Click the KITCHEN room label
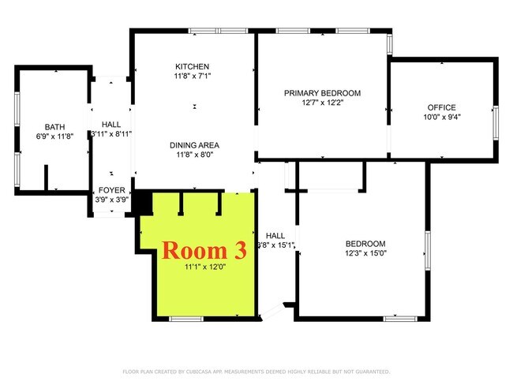193,65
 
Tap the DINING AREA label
193,145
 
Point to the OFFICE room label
442,107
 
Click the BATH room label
54,126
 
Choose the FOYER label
110,190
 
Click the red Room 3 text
204,250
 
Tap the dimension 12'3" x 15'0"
365,253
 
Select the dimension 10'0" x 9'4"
442,117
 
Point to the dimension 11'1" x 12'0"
204,267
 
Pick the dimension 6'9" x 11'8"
54,136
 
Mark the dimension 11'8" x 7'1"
193,76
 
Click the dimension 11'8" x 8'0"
193,155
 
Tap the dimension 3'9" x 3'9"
110,200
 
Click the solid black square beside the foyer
142,203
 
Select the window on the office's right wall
496,118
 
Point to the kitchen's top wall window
207,31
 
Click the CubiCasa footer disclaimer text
256,371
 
